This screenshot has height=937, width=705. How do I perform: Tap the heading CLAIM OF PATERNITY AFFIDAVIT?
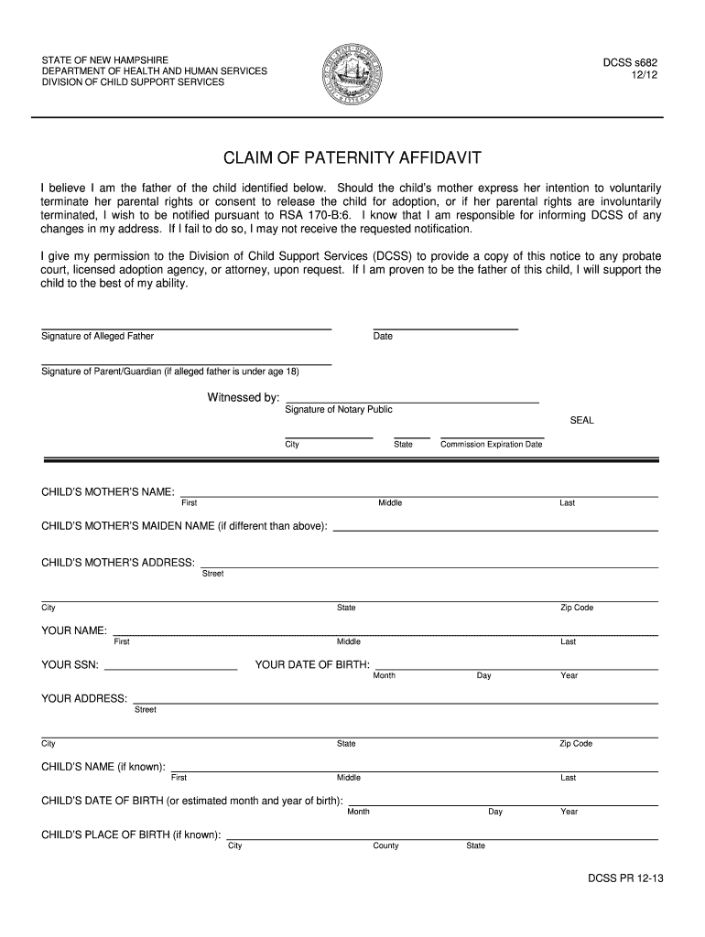352,158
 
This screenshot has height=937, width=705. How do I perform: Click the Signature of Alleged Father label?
98,337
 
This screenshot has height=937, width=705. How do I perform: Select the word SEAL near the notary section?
582,421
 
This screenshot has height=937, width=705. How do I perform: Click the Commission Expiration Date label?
492,445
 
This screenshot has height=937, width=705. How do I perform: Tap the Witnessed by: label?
244,398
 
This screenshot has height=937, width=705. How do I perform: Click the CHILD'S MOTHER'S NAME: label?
108,492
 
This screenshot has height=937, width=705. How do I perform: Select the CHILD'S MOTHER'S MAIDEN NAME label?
184,526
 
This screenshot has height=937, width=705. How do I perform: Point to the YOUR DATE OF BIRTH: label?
312,665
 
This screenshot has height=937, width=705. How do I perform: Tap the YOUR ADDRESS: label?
84,699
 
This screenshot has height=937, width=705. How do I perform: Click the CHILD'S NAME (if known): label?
103,767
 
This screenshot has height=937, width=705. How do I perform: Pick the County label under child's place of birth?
385,846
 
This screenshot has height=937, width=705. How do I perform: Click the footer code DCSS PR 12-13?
625,878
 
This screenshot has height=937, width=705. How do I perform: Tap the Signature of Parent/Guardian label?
170,372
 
